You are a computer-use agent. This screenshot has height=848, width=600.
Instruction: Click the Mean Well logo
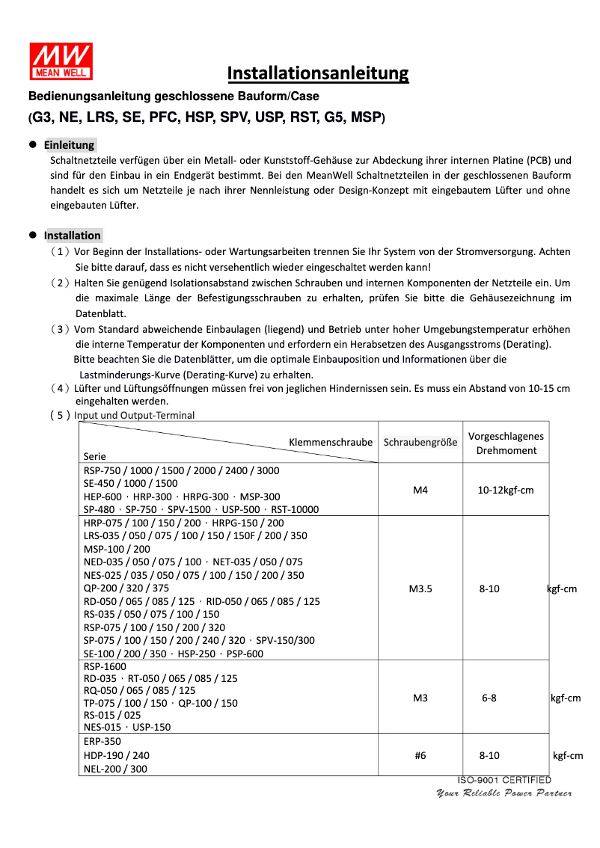[61, 61]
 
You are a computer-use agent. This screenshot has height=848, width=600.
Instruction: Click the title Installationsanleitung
[318, 73]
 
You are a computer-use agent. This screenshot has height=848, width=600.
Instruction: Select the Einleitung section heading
[69, 145]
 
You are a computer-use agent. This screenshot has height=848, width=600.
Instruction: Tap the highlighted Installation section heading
[72, 236]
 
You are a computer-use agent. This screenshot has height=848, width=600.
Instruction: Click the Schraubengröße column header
[420, 443]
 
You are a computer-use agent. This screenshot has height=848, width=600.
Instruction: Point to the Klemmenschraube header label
[331, 443]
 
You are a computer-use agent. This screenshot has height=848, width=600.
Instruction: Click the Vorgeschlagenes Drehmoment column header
[506, 443]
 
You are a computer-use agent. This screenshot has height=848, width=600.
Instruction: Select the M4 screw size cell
[420, 491]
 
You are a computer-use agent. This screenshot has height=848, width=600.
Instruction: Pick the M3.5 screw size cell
[420, 589]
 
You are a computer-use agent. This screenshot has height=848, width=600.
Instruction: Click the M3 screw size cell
[420, 698]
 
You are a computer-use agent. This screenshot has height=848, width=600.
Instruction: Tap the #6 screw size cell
[420, 755]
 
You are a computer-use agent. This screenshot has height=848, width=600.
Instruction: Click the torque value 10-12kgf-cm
[506, 491]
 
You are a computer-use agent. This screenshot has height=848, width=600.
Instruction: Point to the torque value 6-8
[489, 698]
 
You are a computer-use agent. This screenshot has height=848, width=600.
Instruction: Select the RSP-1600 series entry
[105, 666]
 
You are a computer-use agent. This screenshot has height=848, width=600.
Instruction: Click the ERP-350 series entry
[102, 742]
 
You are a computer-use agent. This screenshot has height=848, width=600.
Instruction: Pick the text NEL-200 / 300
[115, 768]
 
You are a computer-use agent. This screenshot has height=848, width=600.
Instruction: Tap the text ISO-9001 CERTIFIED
[504, 781]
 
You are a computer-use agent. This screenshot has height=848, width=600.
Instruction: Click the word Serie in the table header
[95, 456]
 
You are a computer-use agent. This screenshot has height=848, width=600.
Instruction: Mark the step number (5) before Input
[61, 416]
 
